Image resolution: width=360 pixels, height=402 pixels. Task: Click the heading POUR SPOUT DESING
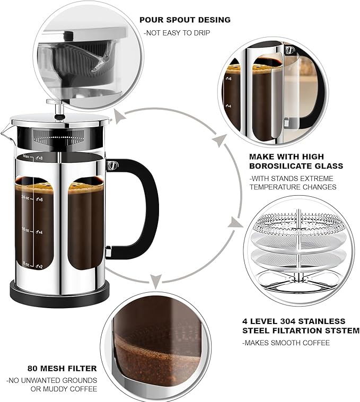click(185, 20)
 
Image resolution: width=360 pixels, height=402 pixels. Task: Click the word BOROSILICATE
click(277, 166)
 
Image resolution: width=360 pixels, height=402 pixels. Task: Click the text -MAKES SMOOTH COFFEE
click(286, 343)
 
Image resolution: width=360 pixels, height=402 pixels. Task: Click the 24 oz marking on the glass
click(25, 196)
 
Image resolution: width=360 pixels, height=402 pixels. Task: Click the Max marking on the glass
click(27, 157)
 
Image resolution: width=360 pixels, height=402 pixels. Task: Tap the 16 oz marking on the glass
click(25, 230)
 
